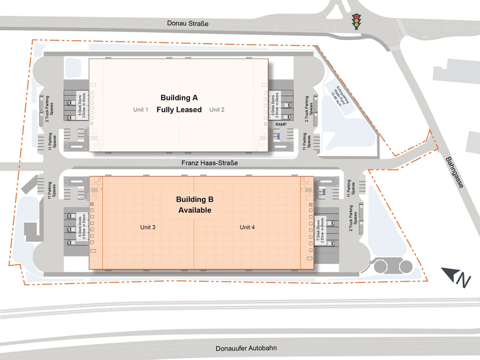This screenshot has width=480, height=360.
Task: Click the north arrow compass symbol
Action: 458,277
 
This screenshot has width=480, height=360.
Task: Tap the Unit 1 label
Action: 141,109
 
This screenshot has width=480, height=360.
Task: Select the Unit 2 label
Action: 217,109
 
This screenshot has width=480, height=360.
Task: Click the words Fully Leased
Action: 179,109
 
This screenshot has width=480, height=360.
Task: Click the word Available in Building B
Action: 194,210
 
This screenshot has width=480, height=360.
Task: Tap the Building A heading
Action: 179,96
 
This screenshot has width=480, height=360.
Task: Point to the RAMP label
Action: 281,125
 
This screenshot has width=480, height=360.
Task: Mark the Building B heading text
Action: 194,199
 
